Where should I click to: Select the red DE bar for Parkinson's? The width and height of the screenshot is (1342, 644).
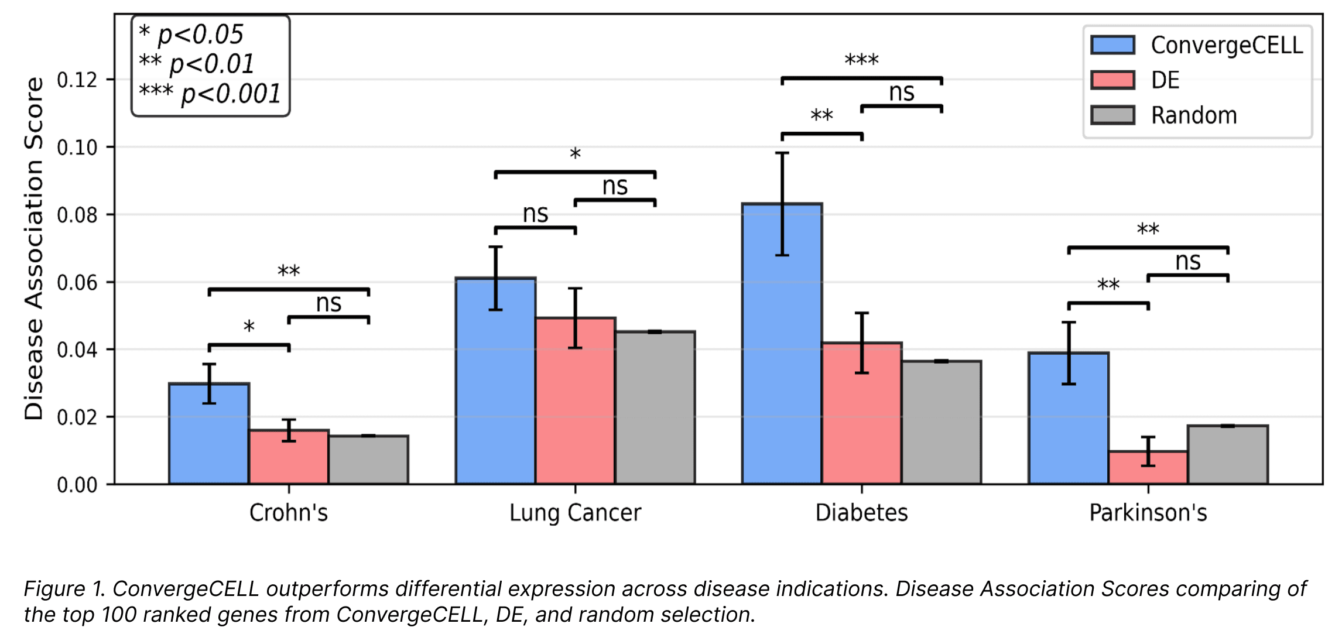point(1148,468)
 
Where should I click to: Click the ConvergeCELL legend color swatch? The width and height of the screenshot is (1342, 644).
point(1112,45)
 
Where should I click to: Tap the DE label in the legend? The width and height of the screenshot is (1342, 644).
point(1165,80)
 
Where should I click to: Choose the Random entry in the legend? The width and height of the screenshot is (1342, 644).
point(1194,115)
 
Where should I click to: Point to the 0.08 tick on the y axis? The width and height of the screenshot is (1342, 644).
point(77,215)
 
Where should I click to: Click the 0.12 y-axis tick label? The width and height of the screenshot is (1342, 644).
point(77,80)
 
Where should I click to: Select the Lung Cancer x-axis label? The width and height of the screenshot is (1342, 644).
point(575,513)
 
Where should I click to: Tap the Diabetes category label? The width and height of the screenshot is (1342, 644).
point(861,513)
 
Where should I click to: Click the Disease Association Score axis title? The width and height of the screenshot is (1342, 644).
point(34,248)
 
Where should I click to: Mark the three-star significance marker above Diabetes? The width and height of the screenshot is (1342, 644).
point(861,60)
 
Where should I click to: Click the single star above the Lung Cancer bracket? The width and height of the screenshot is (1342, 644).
point(575,155)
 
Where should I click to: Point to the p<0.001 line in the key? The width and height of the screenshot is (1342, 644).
point(210,94)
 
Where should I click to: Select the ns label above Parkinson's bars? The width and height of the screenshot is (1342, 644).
point(1188,261)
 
